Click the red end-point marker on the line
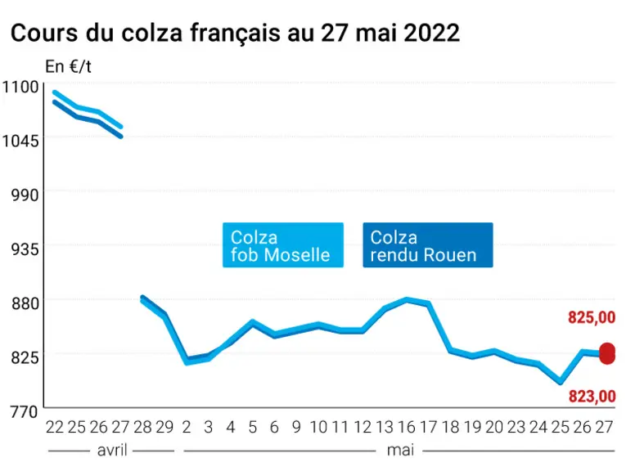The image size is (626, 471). pyautogui.click(x=607, y=353)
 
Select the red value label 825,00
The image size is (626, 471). pyautogui.click(x=592, y=317)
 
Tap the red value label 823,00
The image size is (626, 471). pyautogui.click(x=592, y=397)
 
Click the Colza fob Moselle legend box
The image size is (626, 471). pyautogui.click(x=283, y=244)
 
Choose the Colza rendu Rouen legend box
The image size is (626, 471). pyautogui.click(x=428, y=244)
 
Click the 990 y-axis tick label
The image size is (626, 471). pyautogui.click(x=25, y=195)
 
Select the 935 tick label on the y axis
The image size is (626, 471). pyautogui.click(x=25, y=249)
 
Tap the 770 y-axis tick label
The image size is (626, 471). pyautogui.click(x=25, y=412)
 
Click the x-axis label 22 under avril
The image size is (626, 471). pyautogui.click(x=55, y=427)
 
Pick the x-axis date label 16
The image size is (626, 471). pyautogui.click(x=407, y=427)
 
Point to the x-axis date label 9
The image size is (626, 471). pyautogui.click(x=296, y=427)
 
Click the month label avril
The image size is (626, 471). pyautogui.click(x=112, y=451)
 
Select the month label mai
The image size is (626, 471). pyautogui.click(x=400, y=451)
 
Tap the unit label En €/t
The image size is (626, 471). pyautogui.click(x=68, y=66)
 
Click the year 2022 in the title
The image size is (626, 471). pyautogui.click(x=431, y=33)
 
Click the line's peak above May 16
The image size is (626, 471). pyautogui.click(x=407, y=298)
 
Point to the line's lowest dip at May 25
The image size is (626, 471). pyautogui.click(x=561, y=382)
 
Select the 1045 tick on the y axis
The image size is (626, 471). pyautogui.click(x=20, y=141)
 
